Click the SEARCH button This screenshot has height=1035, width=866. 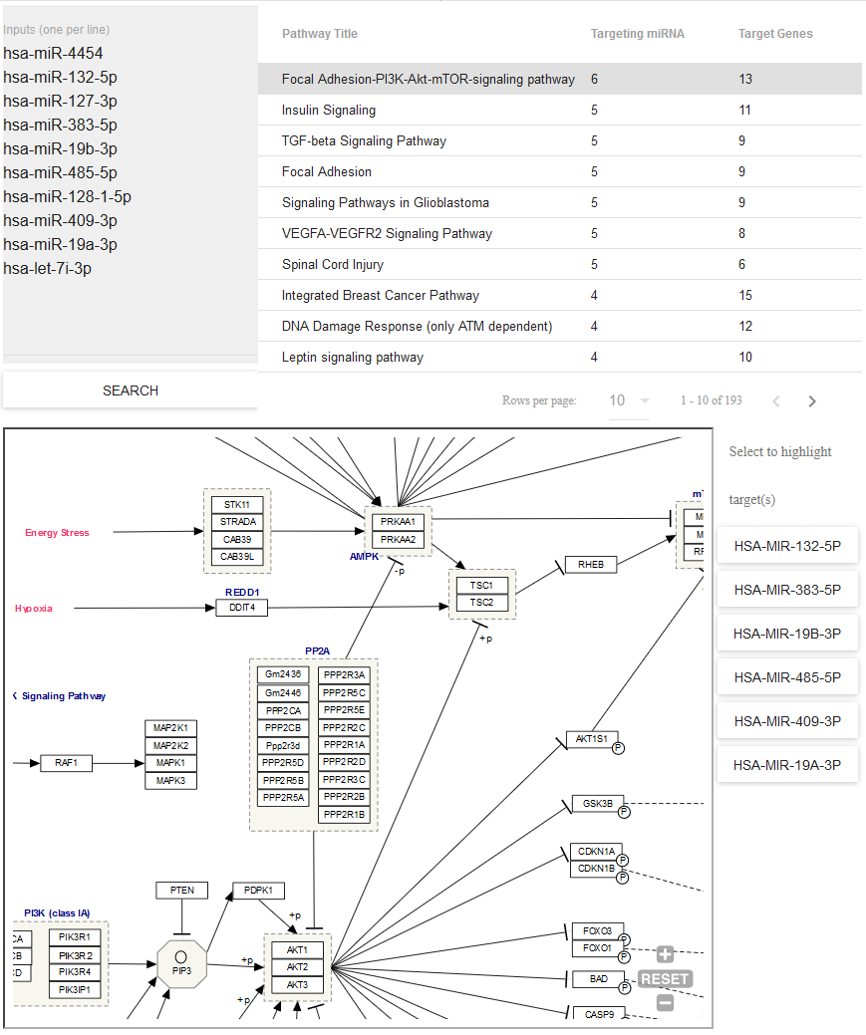(130, 390)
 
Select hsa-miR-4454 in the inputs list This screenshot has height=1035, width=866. (53, 54)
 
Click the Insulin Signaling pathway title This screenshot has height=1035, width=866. (329, 110)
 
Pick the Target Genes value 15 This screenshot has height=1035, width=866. (746, 295)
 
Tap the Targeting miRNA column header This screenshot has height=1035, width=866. (638, 34)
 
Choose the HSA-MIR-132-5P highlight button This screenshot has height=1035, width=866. (787, 546)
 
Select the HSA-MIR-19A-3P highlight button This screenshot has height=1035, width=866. (787, 765)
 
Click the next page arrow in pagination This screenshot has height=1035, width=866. (812, 401)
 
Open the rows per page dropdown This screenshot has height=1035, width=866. (629, 400)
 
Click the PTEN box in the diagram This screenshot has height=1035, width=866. (181, 890)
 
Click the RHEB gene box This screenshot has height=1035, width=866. (591, 565)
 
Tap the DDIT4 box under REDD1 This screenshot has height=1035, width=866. (242, 608)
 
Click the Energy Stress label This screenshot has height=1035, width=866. (57, 533)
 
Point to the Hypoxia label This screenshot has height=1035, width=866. (34, 609)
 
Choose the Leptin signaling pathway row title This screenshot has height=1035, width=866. (353, 357)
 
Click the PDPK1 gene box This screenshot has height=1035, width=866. (258, 890)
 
